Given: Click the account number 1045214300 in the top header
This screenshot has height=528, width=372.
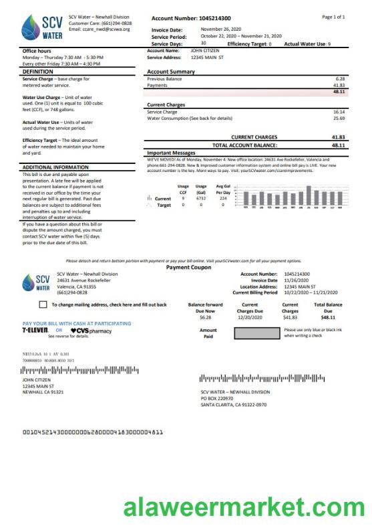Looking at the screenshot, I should tap(224, 19).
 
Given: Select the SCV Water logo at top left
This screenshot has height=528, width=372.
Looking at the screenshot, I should tap(41, 27).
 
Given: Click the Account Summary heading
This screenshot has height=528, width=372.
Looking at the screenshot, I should tap(171, 72).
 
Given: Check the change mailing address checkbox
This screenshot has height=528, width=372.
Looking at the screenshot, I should tap(43, 304).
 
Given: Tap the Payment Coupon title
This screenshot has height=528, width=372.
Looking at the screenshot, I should tap(188, 267).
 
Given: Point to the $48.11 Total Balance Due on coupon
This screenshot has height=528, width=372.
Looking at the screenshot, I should tap(328, 317).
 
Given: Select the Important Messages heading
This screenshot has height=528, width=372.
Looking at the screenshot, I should tap(171, 153).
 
